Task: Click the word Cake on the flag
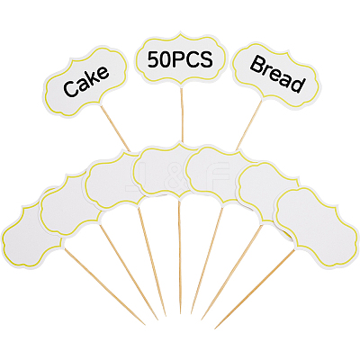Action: click(85, 81)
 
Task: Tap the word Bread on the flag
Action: click(276, 74)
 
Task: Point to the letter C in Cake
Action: click(70, 89)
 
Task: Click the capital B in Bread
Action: click(256, 65)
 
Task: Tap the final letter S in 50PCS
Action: click(207, 59)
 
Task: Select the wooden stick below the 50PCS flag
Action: click(182, 115)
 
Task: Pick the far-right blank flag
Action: click(317, 227)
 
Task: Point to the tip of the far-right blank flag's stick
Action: click(215, 328)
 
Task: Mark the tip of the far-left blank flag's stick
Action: click(145, 325)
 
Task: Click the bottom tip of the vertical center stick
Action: click(181, 314)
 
